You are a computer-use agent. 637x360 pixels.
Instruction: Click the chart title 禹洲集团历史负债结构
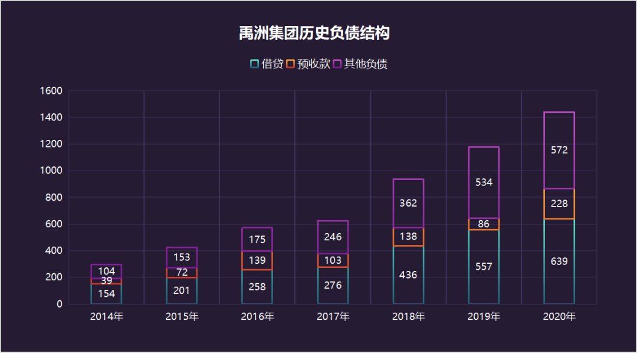[314, 33]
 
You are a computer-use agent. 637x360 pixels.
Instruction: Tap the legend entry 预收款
[307, 64]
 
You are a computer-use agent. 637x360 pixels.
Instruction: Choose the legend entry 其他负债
[360, 64]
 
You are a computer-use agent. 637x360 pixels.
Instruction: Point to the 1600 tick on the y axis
[51, 91]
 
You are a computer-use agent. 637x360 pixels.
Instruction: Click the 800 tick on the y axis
[54, 197]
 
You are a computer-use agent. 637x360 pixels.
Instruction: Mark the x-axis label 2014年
[106, 317]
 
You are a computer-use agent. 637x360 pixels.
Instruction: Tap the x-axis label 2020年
[559, 317]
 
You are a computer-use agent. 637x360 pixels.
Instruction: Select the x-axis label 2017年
[333, 317]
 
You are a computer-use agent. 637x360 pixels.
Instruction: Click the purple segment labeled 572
[559, 150]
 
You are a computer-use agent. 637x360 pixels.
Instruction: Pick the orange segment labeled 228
[559, 204]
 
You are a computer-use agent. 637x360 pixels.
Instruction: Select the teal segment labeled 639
[559, 261]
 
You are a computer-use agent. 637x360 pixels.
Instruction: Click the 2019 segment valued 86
[484, 224]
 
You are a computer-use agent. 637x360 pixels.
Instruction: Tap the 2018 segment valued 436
[408, 275]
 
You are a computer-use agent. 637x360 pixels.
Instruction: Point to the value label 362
[408, 203]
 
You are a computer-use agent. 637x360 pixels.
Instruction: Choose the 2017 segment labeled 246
[333, 237]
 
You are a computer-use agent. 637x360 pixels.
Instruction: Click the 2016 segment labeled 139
[257, 260]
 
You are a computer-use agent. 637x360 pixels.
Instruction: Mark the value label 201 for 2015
[182, 290]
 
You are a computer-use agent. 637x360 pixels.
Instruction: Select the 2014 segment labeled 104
[106, 271]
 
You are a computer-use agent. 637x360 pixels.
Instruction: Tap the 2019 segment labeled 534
[484, 182]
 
